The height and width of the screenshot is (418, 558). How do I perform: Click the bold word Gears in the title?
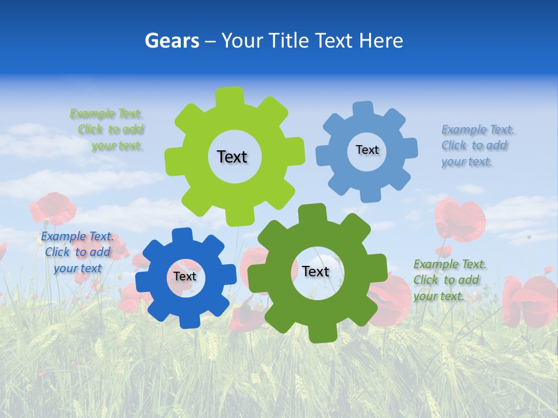(171, 41)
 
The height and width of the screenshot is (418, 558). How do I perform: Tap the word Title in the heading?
(289, 41)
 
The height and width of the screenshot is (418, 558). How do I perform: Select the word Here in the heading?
(381, 41)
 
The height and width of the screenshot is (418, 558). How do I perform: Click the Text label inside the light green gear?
(232, 157)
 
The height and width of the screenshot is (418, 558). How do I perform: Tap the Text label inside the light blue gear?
(367, 150)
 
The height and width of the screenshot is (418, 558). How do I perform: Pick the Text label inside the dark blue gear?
(185, 276)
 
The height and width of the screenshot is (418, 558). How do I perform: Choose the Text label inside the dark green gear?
(316, 271)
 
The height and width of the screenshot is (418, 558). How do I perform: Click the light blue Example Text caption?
(477, 145)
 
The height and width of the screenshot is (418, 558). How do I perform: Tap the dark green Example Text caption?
(449, 280)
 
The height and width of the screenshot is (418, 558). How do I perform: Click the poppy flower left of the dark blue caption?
(52, 208)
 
